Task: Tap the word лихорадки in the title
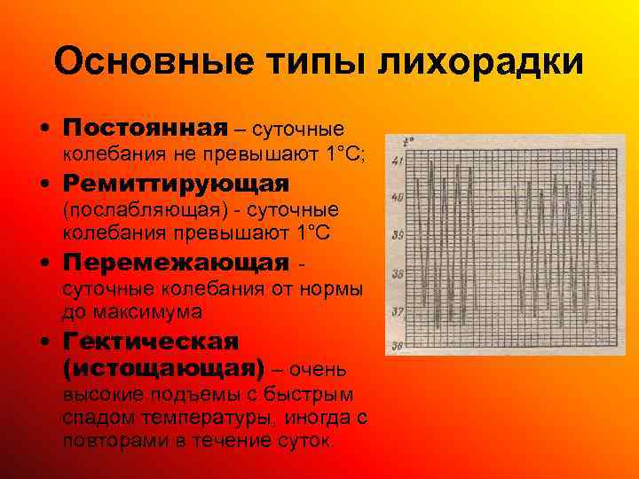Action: point(482,63)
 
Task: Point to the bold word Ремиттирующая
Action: point(177,185)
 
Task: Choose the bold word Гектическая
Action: point(151,342)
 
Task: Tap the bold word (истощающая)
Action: point(163,367)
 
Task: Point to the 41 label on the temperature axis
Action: point(397,161)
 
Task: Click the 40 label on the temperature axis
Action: point(397,198)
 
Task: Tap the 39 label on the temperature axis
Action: point(397,236)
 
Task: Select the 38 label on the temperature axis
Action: point(397,274)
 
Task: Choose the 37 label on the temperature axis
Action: point(397,311)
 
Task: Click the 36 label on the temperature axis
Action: point(397,347)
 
